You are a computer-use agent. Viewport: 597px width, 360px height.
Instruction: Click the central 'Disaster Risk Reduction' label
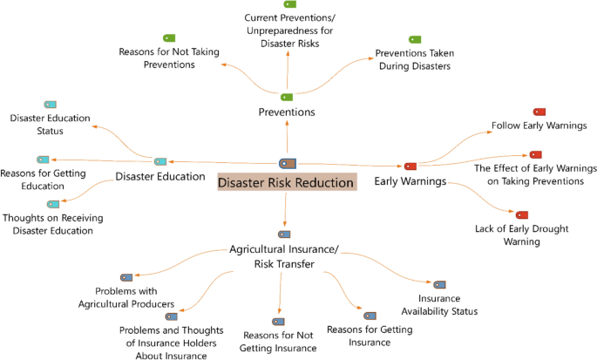click(x=286, y=183)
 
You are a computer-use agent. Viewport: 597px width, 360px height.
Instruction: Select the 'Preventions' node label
click(x=287, y=112)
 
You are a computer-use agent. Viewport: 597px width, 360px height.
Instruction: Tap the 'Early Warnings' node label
click(x=410, y=181)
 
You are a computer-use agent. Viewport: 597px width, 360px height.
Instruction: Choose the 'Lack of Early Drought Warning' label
click(x=521, y=234)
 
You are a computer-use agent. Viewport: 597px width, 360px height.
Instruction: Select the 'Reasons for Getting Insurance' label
click(x=369, y=336)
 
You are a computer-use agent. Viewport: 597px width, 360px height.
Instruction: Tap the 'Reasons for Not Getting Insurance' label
click(x=280, y=342)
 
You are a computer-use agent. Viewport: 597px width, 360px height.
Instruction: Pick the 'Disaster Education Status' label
click(x=50, y=124)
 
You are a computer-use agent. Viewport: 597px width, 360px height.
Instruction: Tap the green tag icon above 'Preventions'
click(x=286, y=97)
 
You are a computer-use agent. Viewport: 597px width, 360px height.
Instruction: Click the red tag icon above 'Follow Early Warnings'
click(x=539, y=112)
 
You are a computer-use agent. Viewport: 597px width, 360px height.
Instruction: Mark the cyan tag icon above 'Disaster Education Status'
click(x=50, y=105)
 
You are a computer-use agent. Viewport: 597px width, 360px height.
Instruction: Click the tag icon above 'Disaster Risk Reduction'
click(x=286, y=163)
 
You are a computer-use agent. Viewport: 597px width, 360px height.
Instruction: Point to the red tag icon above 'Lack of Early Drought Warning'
click(x=521, y=214)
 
